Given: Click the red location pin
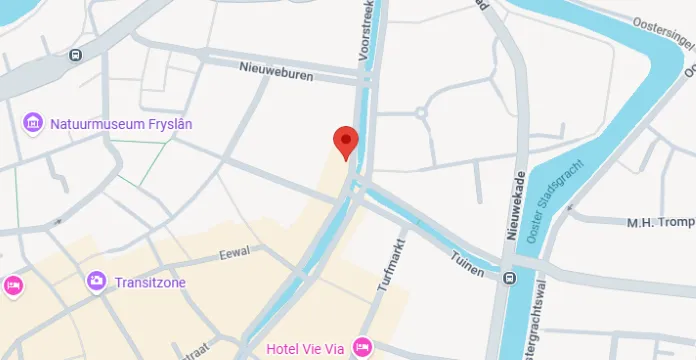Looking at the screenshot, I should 346,142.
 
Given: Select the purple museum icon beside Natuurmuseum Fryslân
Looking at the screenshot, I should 33,123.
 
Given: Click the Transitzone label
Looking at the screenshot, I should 150,282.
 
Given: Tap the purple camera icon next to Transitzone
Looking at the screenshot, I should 96,281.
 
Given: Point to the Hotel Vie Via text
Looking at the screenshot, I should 306,349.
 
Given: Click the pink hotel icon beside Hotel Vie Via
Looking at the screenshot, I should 362,348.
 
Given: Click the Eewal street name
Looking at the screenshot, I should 234,254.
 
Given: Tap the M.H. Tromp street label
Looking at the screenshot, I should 660,222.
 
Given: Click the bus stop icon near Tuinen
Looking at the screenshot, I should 510,278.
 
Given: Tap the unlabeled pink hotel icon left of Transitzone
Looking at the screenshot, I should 13,285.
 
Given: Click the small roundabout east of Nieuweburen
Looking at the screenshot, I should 421,113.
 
